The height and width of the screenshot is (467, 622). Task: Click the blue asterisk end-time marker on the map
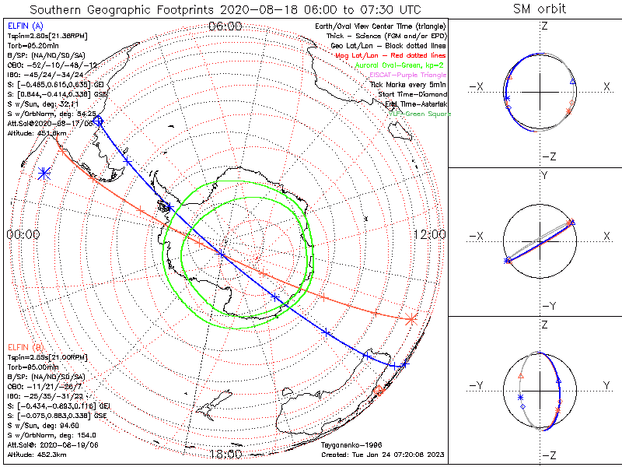coord(44,174)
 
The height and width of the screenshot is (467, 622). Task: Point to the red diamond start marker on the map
coord(379,390)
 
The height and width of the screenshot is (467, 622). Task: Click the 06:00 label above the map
coord(225,26)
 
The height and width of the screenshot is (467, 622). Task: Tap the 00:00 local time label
coord(23,234)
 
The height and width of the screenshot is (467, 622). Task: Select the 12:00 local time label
coord(428,234)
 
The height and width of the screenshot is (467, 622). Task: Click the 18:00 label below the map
coord(225,455)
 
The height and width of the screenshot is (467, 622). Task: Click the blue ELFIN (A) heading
coord(25,26)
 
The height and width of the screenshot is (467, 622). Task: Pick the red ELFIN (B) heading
coord(25,346)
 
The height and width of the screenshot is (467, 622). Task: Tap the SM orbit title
coord(540,9)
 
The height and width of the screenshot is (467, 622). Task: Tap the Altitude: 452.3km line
coord(37,454)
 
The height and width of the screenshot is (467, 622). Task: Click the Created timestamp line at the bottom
coord(382,454)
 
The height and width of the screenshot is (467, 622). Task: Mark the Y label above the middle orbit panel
coord(544,176)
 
